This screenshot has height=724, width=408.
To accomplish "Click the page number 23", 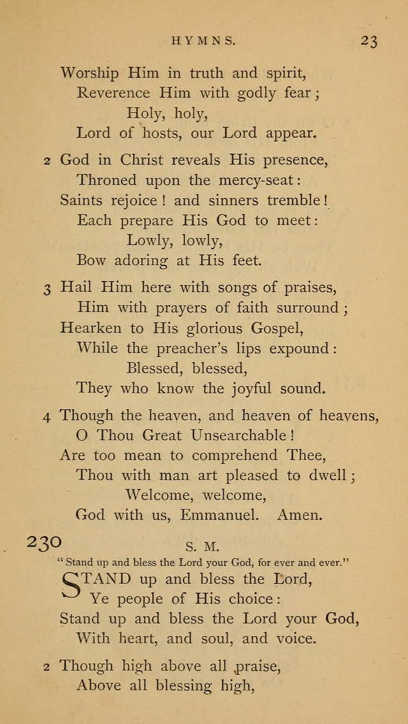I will tap(368, 41).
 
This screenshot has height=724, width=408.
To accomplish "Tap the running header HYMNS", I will tap(204, 41).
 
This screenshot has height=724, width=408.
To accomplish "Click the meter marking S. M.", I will tap(203, 546).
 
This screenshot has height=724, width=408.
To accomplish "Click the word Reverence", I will tap(114, 93).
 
